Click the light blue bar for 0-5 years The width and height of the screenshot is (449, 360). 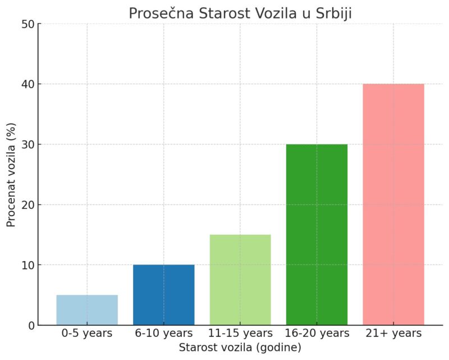(87, 310)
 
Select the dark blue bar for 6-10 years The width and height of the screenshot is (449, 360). (164, 295)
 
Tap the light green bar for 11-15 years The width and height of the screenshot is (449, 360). (240, 280)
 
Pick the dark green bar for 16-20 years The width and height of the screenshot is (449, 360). (317, 235)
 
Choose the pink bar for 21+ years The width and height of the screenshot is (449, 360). (393, 204)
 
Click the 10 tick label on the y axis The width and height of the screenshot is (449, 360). (28, 265)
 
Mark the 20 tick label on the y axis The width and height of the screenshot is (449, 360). (28, 205)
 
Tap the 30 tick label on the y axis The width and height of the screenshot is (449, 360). (28, 144)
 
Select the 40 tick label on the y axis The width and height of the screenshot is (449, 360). (28, 84)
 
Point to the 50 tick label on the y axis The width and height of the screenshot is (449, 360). (28, 24)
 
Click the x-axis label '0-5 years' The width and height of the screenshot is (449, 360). (87, 334)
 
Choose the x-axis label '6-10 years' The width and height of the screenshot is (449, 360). (164, 334)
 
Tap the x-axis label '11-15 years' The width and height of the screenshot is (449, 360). (240, 334)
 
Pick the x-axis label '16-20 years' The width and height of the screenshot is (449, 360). (317, 334)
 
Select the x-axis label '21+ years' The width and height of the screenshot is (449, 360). (393, 334)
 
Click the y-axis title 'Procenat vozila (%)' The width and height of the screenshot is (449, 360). (11, 175)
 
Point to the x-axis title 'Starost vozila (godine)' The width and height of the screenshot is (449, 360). (240, 348)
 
